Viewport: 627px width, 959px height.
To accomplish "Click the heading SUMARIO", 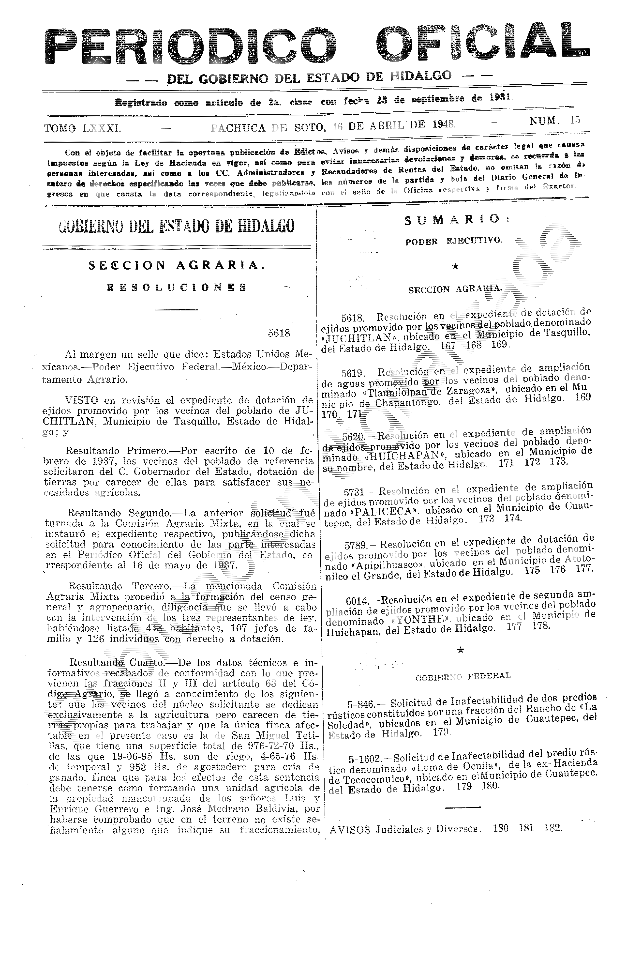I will tap(456, 220).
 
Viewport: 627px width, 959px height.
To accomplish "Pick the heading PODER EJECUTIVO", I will tap(454, 241).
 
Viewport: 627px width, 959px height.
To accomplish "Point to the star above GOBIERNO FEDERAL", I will tap(461, 650).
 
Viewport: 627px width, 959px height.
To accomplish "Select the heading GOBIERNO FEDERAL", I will tap(463, 676).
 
